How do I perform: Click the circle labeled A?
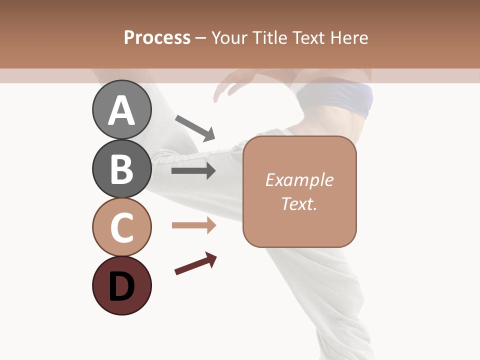121,109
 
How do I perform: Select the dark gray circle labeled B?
121,168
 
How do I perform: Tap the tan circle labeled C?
121,227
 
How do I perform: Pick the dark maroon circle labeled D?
121,285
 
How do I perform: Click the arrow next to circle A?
195,128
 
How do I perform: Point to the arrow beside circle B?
193,171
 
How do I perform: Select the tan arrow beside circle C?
193,225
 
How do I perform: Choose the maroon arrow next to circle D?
195,263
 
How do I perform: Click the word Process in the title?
157,37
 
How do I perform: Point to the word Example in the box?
299,180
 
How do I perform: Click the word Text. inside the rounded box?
299,203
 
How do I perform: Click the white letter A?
121,110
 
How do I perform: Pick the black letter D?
121,286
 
